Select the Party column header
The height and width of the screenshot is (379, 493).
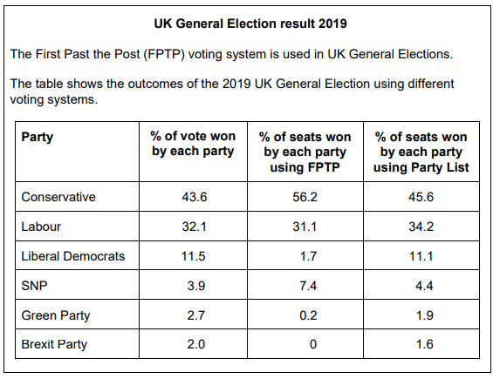tap(37, 137)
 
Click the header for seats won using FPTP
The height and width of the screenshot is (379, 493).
tap(305, 152)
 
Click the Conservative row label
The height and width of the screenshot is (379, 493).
tap(58, 197)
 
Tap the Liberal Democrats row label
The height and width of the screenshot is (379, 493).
tap(73, 256)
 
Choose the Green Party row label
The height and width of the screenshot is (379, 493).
tap(56, 315)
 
